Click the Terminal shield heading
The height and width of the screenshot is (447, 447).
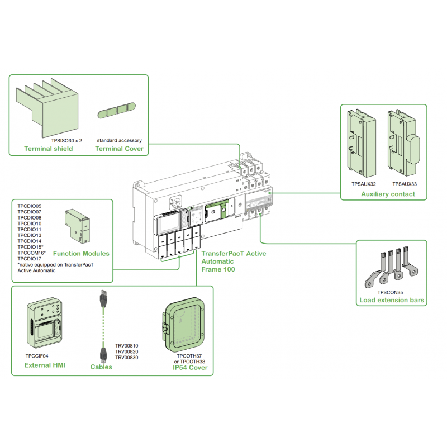coord(48,149)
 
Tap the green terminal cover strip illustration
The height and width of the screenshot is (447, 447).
coord(118,111)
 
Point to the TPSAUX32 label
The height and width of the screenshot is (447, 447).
coord(364,183)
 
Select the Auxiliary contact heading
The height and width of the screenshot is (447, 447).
coord(388,194)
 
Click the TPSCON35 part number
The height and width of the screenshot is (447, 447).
coord(390,292)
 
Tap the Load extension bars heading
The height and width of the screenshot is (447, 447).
coord(391,301)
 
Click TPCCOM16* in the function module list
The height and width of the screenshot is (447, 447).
coord(31,253)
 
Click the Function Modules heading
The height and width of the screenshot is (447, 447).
coord(81,253)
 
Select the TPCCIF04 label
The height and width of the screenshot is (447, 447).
coord(37,355)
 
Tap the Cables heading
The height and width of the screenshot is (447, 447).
coord(101,367)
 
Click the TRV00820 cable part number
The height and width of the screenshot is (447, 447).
coord(126,351)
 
